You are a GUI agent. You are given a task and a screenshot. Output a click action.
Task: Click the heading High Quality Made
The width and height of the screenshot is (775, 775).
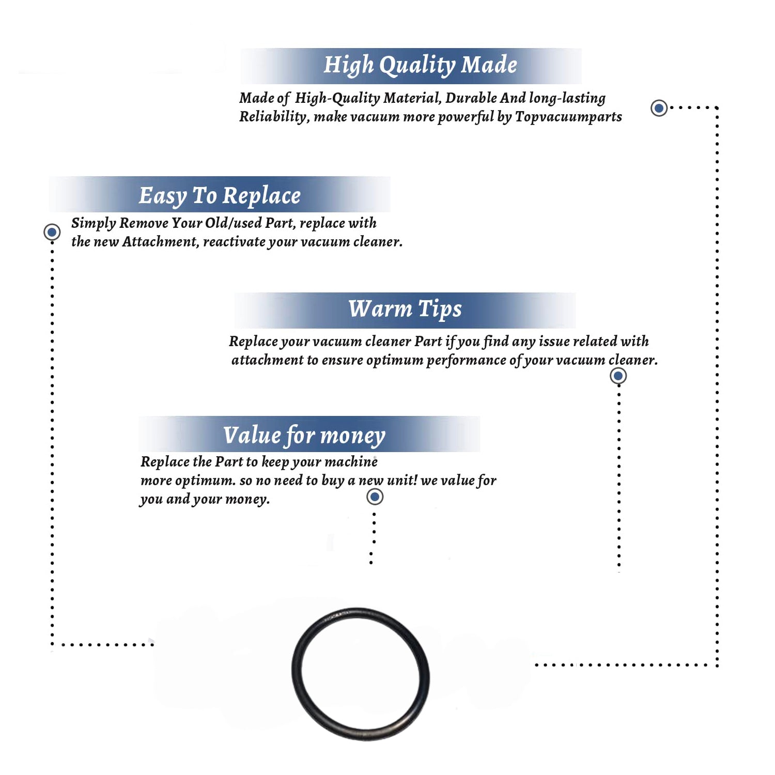point(420,66)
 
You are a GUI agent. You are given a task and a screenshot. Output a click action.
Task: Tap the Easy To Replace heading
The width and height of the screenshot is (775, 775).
point(220,196)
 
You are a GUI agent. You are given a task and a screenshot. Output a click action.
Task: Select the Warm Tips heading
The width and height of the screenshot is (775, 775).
point(405,309)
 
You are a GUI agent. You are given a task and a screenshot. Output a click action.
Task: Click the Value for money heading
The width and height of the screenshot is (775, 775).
point(304,436)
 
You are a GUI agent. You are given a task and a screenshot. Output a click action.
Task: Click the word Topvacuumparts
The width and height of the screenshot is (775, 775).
point(568,117)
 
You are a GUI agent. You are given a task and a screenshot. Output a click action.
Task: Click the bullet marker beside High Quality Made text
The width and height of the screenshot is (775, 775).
point(659,108)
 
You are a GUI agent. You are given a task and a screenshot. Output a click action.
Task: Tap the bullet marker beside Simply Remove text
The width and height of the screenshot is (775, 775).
point(52,232)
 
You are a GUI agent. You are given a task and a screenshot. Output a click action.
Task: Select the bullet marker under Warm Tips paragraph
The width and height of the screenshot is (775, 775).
point(618,376)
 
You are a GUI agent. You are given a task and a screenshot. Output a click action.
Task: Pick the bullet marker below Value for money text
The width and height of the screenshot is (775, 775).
point(375,497)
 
